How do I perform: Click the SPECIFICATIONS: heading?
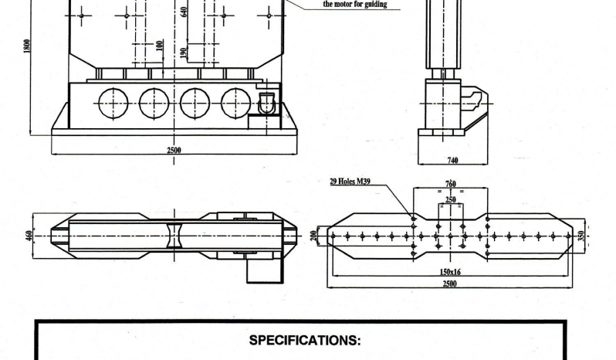(305, 340)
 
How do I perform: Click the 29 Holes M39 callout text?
(350, 182)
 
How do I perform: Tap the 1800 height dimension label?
(27, 46)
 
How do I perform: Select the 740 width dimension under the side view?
(452, 161)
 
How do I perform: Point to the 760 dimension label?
(451, 184)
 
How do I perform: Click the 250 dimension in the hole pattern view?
(451, 199)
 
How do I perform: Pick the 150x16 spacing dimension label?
(450, 272)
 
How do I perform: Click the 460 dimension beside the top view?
(30, 236)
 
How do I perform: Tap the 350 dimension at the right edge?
(581, 236)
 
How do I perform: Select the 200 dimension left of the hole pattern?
(313, 236)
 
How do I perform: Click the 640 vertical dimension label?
(184, 12)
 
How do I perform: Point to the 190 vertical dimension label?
(183, 53)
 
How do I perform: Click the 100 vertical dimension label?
(159, 46)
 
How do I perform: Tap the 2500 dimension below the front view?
(174, 150)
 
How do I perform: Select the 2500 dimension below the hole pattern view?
(450, 284)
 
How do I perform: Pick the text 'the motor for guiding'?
(355, 5)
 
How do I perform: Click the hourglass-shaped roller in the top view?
(174, 236)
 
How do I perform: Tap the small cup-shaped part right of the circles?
(266, 103)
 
